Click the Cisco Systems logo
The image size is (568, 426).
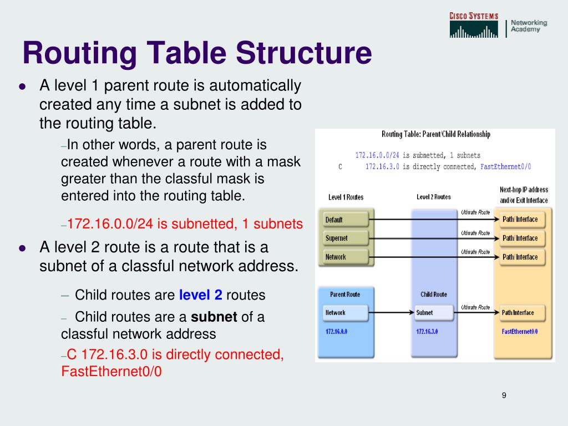tap(474, 26)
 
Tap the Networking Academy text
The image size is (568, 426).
tap(529, 26)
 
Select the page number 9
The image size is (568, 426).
tap(504, 395)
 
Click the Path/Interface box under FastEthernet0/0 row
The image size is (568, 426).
tap(521, 313)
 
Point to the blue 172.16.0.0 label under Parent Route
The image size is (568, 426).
tap(336, 331)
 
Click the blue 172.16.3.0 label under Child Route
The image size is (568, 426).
tap(427, 331)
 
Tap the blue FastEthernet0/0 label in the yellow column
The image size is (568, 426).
tap(520, 331)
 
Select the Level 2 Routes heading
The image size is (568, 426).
tap(433, 197)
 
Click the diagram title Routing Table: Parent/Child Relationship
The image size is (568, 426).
tap(435, 134)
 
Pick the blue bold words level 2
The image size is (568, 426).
tap(200, 295)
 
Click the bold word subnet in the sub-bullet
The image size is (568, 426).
tap(214, 317)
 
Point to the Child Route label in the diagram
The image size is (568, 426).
tap(433, 294)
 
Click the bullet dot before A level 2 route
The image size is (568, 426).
tap(22, 248)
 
